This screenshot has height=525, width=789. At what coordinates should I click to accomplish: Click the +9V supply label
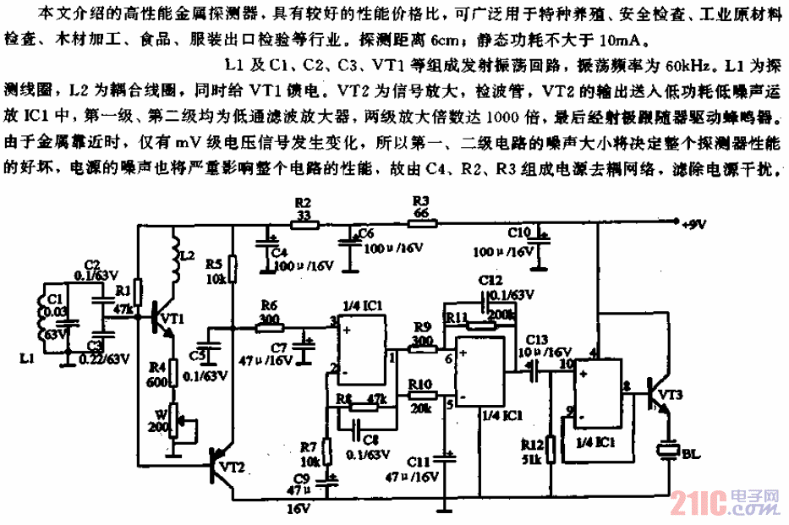coord(693,223)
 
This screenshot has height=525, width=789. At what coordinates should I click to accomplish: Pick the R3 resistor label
coord(420,201)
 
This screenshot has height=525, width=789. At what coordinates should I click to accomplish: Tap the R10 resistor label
coord(420,383)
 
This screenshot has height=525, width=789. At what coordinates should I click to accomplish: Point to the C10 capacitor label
coord(520,230)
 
